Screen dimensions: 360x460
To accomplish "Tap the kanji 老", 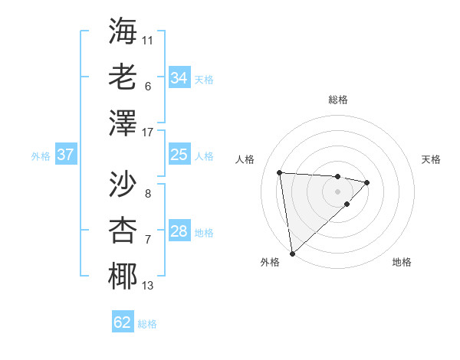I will coord(123,77).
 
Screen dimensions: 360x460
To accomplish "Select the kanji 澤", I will coord(123,123).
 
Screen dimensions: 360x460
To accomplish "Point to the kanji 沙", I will coord(123,183).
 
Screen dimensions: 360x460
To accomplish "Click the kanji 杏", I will coord(123,230).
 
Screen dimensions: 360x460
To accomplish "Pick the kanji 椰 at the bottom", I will coord(123,276).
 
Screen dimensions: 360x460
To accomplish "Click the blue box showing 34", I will coord(179,77).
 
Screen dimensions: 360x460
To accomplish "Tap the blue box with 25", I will coord(179,155).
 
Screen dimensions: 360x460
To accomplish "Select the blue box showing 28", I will coord(179,231).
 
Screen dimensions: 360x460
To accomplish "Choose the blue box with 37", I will coord(66,155).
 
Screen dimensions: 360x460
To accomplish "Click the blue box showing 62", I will coord(123,322).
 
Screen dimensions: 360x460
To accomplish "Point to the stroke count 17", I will coord(148,133).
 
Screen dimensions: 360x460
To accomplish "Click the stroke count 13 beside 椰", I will coord(148,286).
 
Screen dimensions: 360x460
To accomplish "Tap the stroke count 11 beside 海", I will coord(148,39).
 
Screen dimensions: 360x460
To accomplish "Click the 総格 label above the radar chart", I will coord(337,100).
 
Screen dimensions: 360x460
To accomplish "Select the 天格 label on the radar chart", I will coord(431,159).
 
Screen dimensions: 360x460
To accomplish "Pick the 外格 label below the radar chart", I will coord(270,262).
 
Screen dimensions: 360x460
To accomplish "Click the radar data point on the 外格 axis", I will coord(292,253).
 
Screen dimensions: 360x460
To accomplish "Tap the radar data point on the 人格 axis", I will coord(280,172).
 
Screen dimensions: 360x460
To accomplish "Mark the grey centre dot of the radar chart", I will coord(337,190).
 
